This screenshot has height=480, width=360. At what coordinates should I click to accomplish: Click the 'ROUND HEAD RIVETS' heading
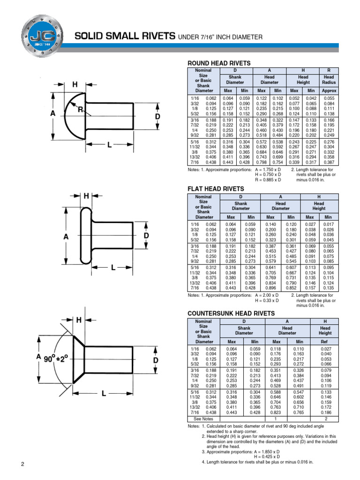[x=219, y=63]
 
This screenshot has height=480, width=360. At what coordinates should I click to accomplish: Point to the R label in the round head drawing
[x=81, y=109]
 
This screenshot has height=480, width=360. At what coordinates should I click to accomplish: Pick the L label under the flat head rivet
[x=113, y=268]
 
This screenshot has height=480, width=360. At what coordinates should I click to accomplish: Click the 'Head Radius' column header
[x=329, y=80]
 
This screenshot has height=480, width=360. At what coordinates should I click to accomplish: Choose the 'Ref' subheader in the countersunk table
[x=326, y=342]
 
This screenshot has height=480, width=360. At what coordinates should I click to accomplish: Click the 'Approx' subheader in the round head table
[x=329, y=90]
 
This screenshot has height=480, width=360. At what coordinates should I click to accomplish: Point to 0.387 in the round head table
[x=329, y=163]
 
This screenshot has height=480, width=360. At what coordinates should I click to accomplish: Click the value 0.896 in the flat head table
[x=270, y=288]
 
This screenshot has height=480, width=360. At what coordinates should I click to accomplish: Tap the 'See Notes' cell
[x=203, y=418]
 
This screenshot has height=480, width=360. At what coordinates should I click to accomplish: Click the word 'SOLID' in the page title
[x=89, y=37]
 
